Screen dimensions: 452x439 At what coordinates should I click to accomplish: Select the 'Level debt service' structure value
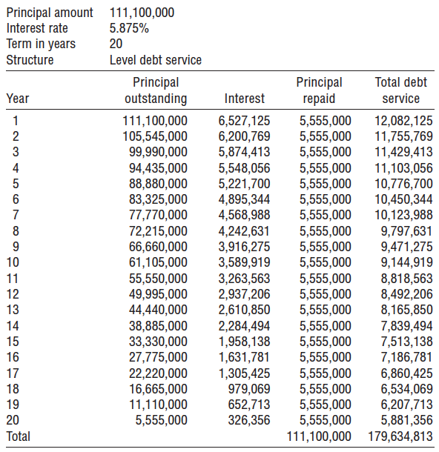(155, 60)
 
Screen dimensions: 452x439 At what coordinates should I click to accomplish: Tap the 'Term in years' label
(41, 44)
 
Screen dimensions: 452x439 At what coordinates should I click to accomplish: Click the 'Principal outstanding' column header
(155, 90)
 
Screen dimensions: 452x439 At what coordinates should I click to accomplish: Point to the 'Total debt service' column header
(400, 90)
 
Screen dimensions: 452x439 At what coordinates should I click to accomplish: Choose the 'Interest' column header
(244, 99)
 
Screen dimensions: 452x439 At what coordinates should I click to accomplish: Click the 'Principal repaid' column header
(319, 90)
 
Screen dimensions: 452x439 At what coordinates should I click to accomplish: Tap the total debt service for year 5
(403, 183)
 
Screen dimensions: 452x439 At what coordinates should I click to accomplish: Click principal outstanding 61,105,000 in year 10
(155, 262)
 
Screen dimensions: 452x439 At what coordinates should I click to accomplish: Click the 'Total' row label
(19, 436)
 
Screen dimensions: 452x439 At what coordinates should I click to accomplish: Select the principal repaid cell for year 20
(325, 419)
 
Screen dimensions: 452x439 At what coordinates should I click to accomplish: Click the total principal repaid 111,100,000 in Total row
(319, 436)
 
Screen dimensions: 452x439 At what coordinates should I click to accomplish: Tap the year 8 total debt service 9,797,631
(406, 230)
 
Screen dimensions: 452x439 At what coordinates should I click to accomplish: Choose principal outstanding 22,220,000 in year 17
(155, 372)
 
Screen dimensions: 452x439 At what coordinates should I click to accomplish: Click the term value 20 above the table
(116, 44)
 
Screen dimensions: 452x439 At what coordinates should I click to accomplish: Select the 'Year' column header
(19, 99)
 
